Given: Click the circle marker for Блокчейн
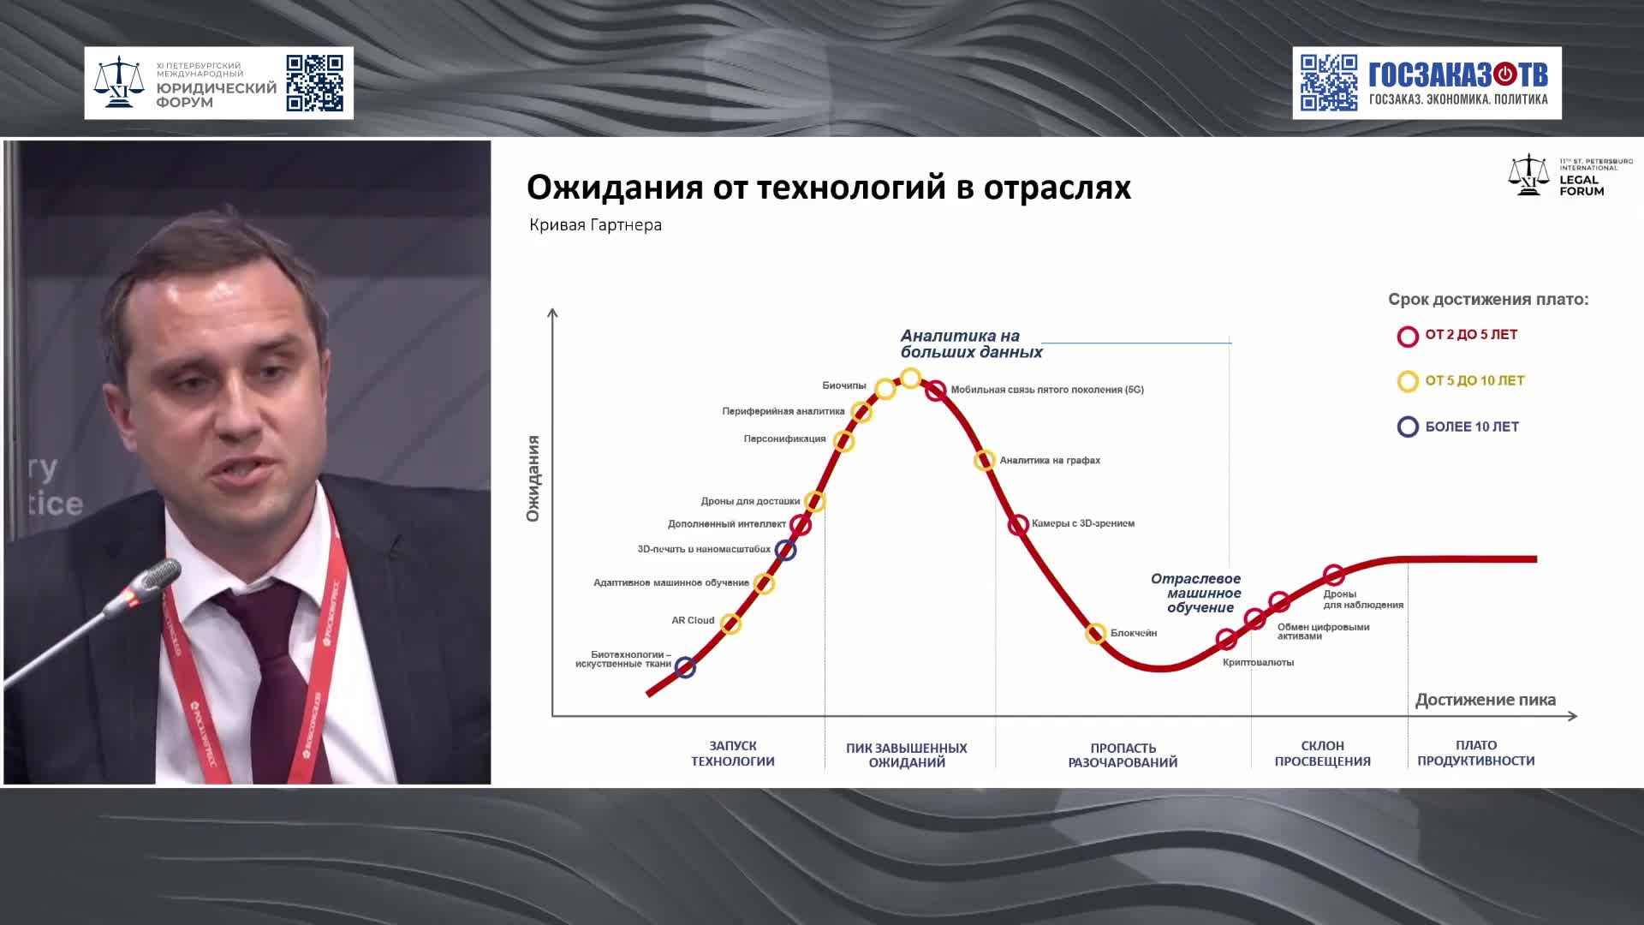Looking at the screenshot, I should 1095,634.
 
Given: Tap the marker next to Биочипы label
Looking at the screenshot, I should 885,390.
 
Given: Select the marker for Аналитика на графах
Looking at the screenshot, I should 985,460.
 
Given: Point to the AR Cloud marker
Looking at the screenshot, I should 730,624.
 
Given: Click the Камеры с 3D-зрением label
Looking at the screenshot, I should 1083,523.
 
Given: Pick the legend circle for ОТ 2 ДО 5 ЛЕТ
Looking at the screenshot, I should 1408,336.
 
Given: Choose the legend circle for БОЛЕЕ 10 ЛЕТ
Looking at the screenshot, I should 1408,427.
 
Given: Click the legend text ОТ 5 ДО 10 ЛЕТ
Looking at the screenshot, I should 1474,381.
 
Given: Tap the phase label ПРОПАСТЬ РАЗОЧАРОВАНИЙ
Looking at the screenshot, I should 1123,755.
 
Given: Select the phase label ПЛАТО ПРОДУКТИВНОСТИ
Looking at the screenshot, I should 1475,753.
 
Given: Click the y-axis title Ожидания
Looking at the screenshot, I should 533,478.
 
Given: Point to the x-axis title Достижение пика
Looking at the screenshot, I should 1485,700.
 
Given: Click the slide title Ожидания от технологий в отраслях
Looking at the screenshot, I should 828,187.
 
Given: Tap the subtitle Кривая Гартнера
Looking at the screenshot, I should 595,225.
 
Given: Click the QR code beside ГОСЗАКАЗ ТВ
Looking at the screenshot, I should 1329,83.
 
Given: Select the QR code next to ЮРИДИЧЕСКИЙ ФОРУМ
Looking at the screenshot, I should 314,83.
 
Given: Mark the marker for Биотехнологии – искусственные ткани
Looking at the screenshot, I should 685,667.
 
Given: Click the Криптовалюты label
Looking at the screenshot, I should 1258,662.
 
